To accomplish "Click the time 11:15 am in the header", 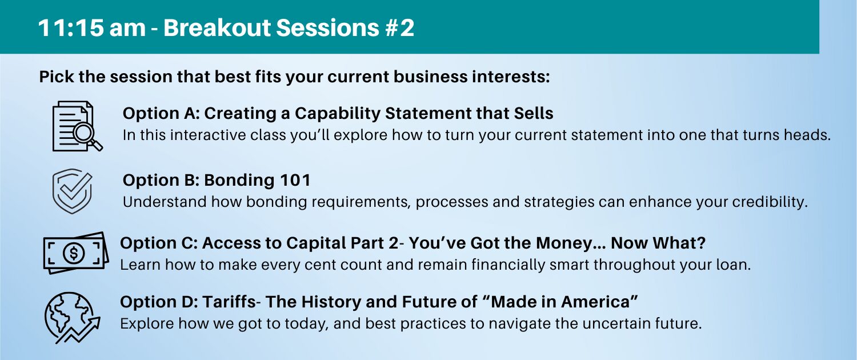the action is tap(92, 28).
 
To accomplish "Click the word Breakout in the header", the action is tap(217, 28).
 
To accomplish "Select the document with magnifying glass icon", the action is tap(77, 126).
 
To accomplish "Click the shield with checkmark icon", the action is tap(73, 191).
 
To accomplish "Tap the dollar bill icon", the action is tap(76, 253).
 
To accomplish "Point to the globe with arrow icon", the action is tap(73, 318).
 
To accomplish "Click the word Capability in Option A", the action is tap(337, 114).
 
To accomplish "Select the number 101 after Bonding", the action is tap(295, 180).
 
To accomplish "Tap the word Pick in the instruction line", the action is tap(57, 77).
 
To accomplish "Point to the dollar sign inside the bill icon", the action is tap(74, 253).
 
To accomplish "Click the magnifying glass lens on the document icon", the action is tap(83, 133).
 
